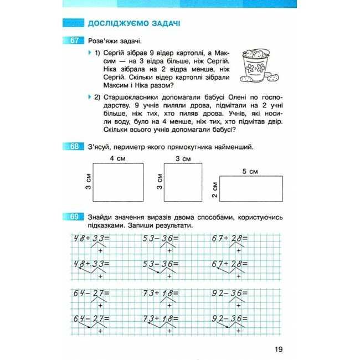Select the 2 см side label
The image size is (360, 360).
click(214, 192)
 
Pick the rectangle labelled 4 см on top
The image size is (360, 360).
click(117, 183)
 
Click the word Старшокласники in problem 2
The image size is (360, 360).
click(128, 97)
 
